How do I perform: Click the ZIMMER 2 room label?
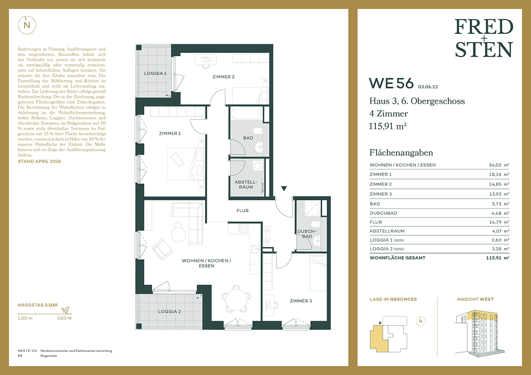(223, 77)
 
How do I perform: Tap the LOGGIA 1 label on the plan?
(155, 73)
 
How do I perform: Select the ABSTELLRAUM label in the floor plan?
(246, 184)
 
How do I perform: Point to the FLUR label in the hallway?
(242, 210)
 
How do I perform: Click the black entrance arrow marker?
(284, 188)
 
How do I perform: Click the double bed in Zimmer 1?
(185, 164)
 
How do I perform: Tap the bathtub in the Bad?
(246, 114)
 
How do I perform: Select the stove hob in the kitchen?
(243, 229)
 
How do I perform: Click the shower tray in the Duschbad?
(312, 209)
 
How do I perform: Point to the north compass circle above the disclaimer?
(27, 25)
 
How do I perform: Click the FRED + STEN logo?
(484, 38)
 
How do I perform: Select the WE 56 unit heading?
(391, 83)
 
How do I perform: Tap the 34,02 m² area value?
(499, 165)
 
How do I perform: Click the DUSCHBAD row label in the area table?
(383, 213)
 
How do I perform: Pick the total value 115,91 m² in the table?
(497, 258)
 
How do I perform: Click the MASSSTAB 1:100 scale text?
(38, 305)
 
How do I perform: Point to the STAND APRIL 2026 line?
(39, 161)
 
